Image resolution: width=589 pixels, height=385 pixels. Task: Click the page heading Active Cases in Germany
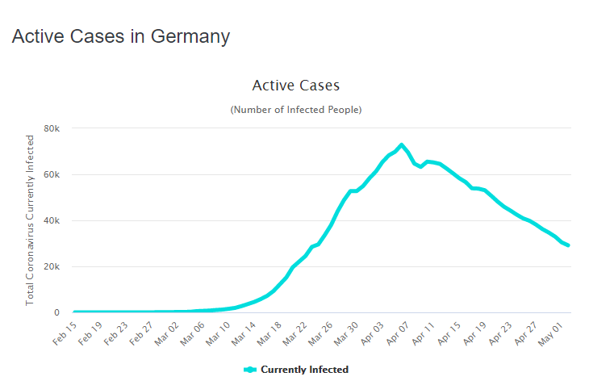121,37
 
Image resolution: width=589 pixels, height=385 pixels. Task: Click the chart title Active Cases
295,86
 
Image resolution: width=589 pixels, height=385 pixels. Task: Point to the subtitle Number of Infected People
295,109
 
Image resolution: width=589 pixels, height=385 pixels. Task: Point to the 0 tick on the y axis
56,312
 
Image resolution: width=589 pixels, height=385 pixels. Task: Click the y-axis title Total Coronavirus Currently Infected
31,220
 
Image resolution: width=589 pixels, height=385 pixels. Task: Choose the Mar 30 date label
346,333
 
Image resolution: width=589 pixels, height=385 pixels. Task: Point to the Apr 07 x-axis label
398,333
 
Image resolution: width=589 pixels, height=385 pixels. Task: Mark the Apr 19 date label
475,333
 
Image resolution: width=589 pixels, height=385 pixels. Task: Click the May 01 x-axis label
552,333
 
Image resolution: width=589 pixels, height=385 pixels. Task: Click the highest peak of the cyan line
401,145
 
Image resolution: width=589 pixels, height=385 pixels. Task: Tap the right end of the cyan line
569,245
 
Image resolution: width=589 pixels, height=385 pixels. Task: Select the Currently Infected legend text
304,370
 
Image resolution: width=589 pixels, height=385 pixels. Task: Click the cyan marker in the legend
250,370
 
